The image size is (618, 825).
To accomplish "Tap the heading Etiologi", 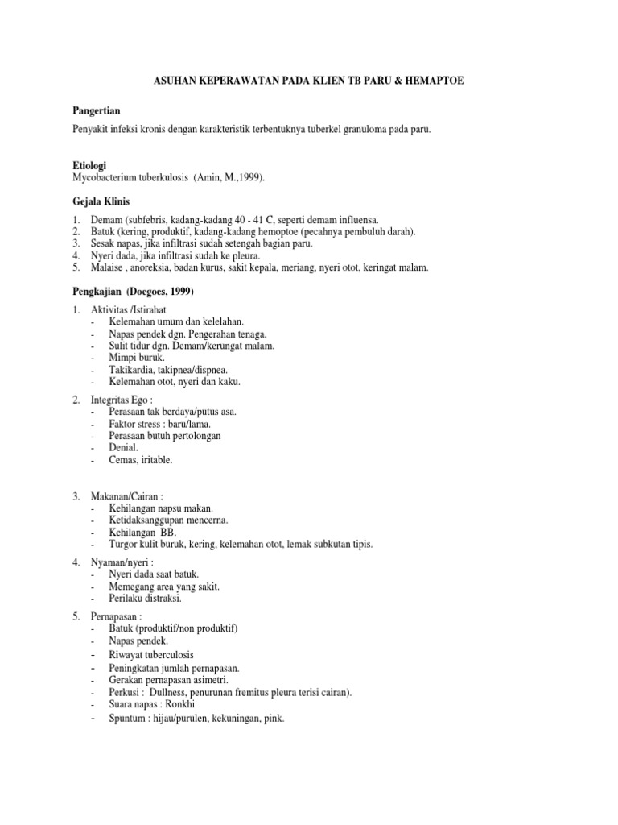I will coord(90,164).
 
